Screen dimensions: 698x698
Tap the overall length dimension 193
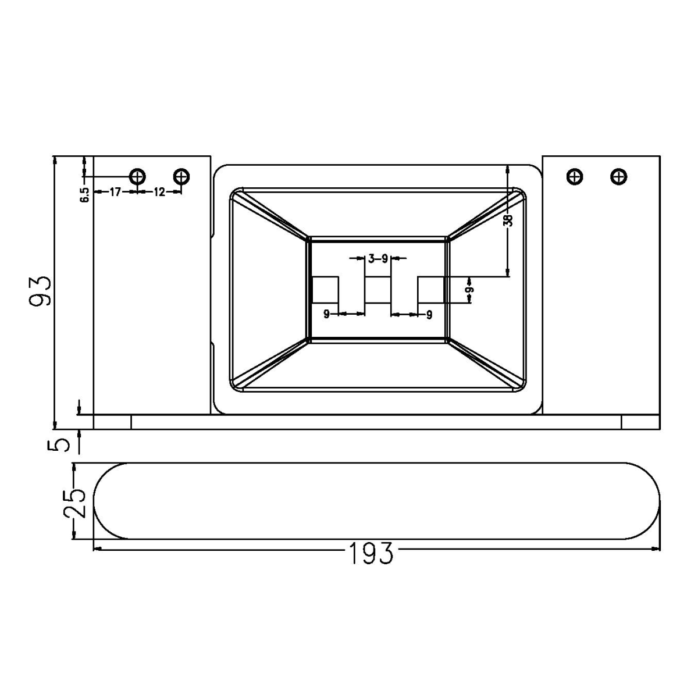click(x=371, y=553)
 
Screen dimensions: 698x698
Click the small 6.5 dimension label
click(x=85, y=194)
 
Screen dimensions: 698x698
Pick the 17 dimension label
click(x=115, y=192)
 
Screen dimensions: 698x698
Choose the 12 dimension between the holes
click(x=159, y=192)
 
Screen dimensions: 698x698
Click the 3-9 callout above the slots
click(x=378, y=259)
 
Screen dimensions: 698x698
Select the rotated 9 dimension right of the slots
click(x=469, y=289)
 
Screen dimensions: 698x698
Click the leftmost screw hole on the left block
click(x=138, y=175)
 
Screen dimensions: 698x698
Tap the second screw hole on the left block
click(x=181, y=175)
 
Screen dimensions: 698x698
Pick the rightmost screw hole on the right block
click(x=618, y=175)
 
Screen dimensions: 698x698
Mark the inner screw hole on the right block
click(x=575, y=175)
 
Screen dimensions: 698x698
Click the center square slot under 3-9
click(x=378, y=290)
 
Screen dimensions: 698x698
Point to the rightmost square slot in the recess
click(x=432, y=290)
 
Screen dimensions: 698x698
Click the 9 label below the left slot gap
click(x=327, y=314)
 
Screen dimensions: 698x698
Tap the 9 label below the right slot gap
click(x=429, y=315)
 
